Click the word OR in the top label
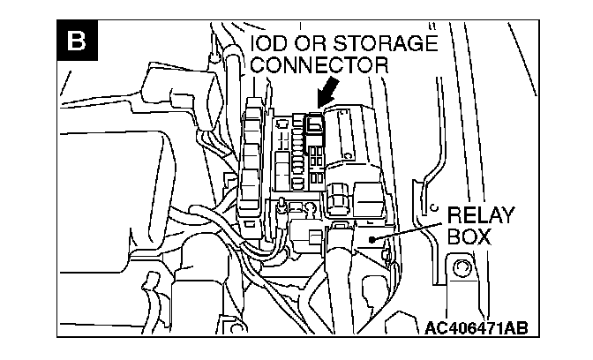311,43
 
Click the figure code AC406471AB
477,328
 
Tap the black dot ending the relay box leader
375,238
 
